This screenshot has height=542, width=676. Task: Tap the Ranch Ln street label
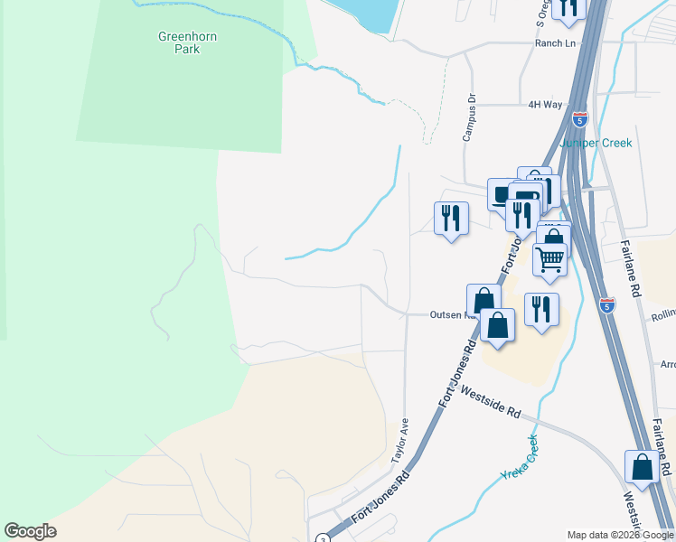554,42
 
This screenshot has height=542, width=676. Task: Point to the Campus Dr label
469,117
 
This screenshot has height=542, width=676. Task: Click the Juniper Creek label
596,143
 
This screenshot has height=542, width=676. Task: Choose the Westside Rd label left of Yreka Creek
490,402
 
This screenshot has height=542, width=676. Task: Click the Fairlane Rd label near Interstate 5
630,268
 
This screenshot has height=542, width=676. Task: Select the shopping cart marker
549,259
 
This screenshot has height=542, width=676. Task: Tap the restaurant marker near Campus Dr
451,219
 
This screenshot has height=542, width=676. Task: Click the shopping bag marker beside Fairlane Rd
642,468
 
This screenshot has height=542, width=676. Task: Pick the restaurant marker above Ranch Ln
568,7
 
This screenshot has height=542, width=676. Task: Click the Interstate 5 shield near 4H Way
579,118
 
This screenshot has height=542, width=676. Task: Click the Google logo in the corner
30,531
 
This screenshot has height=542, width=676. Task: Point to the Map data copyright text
620,535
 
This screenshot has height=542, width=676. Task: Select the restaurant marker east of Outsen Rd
541,310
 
